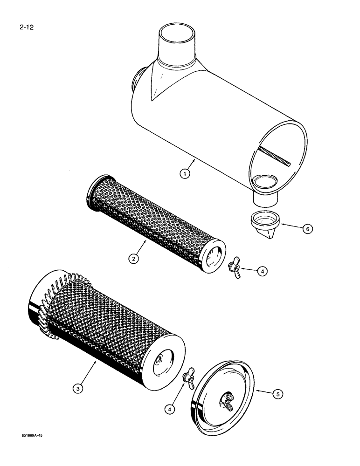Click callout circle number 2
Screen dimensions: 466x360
pos(133,259)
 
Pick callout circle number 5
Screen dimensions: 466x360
pos(278,394)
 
